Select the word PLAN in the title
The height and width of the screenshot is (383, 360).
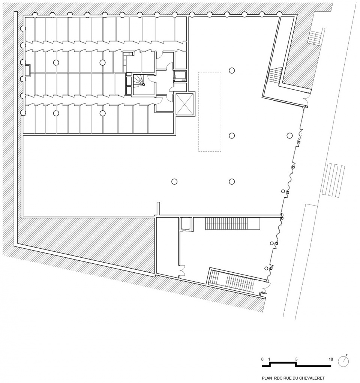coord(267,378)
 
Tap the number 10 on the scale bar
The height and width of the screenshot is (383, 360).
coord(331,359)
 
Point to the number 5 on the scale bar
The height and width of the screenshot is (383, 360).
coord(296,359)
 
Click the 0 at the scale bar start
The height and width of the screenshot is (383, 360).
coord(262,359)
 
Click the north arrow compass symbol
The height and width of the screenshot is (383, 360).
coord(343,361)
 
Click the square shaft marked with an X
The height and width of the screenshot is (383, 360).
coord(184,104)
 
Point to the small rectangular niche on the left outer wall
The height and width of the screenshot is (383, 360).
coord(27,70)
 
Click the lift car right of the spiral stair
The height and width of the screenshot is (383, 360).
coord(180,76)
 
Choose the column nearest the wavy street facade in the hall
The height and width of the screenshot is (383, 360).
coord(289,135)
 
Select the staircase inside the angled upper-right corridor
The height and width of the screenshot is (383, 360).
coord(275,74)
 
